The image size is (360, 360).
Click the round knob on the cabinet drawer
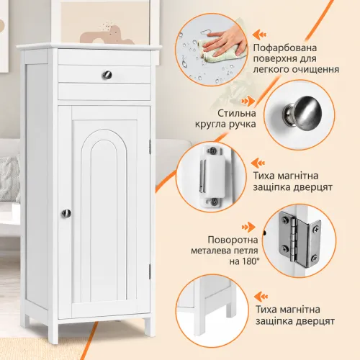pyautogui.click(x=107, y=75)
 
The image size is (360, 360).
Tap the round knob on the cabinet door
pyautogui.click(x=66, y=213)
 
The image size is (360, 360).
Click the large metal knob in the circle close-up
pyautogui.click(x=303, y=113)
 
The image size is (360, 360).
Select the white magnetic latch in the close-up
pyautogui.click(x=212, y=177)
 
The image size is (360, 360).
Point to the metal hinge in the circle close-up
pyautogui.click(x=300, y=239)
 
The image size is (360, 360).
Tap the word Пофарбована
pyautogui.click(x=285, y=48)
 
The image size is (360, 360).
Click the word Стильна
pyautogui.click(x=237, y=113)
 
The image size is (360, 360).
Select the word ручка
pyautogui.click(x=240, y=125)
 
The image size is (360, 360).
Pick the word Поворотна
pyautogui.click(x=233, y=240)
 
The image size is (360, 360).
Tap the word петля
pyautogui.click(x=243, y=251)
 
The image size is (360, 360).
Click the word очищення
pyautogui.click(x=315, y=70)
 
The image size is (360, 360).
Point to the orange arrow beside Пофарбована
pyautogui.click(x=259, y=35)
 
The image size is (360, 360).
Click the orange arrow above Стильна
pyautogui.click(x=248, y=101)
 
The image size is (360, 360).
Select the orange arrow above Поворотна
pyautogui.click(x=248, y=227)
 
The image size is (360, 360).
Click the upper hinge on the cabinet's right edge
pyautogui.click(x=150, y=146)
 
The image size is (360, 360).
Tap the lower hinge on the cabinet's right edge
pyautogui.click(x=150, y=271)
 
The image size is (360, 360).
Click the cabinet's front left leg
pyautogui.click(x=53, y=332)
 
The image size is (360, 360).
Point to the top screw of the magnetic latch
pyautogui.click(x=212, y=151)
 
